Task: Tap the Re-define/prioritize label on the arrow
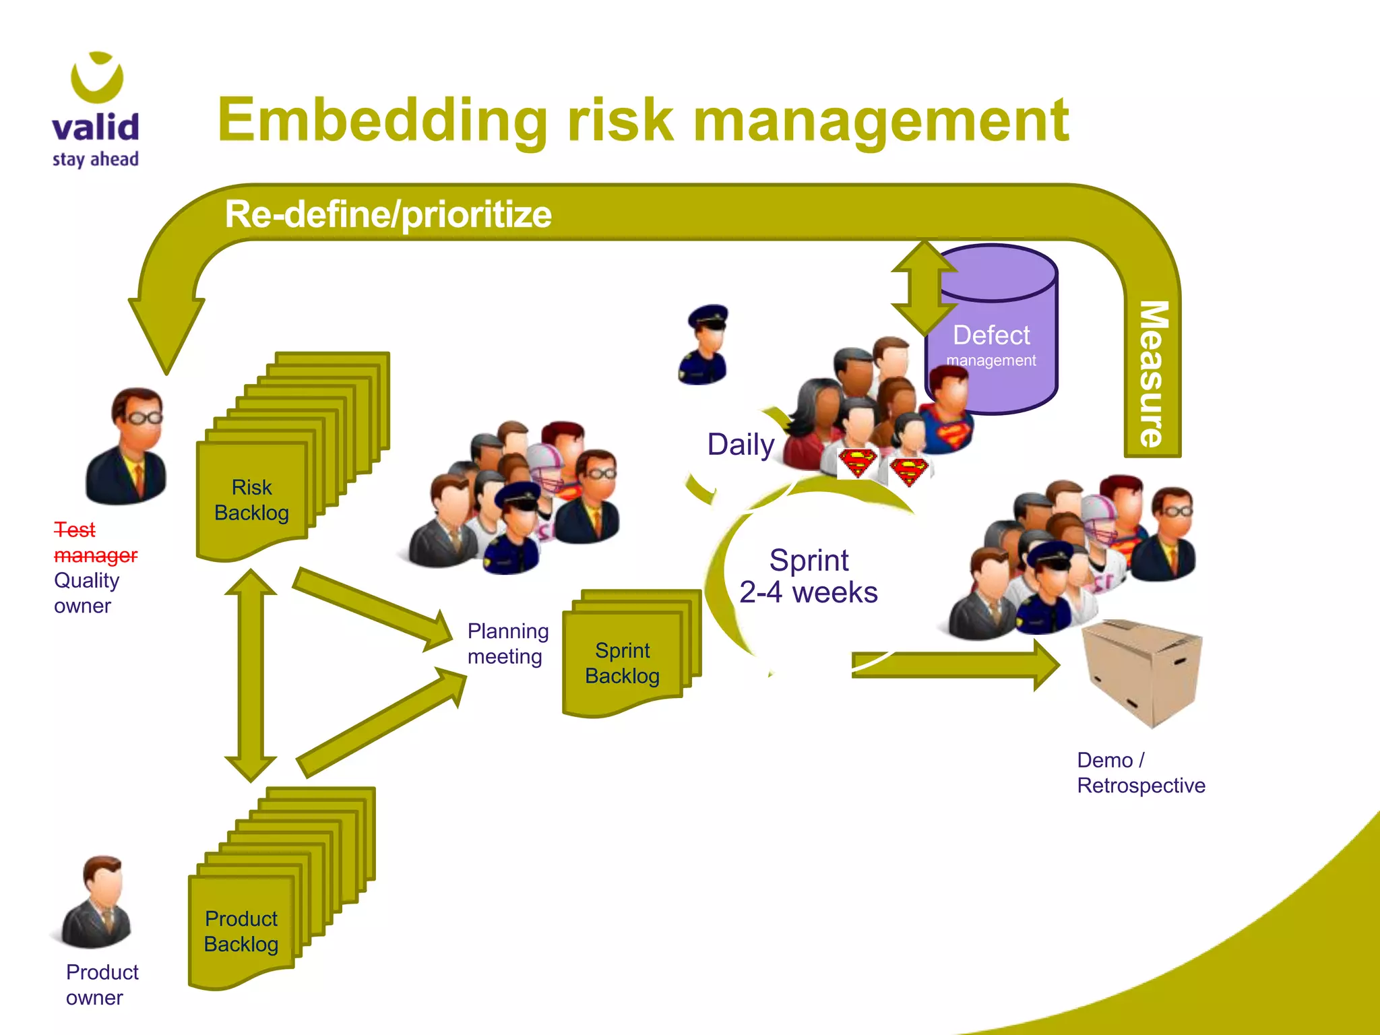click(x=388, y=214)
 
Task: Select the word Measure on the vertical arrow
click(x=1153, y=374)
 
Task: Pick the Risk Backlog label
click(x=251, y=500)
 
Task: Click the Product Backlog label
click(x=241, y=931)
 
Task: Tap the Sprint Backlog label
click(x=622, y=663)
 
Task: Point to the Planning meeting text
click(x=507, y=644)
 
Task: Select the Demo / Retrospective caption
click(x=1140, y=773)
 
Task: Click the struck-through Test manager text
click(x=94, y=542)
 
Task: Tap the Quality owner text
click(x=86, y=593)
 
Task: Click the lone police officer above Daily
click(x=704, y=345)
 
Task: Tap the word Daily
click(x=741, y=445)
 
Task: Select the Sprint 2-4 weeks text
click(x=809, y=576)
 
